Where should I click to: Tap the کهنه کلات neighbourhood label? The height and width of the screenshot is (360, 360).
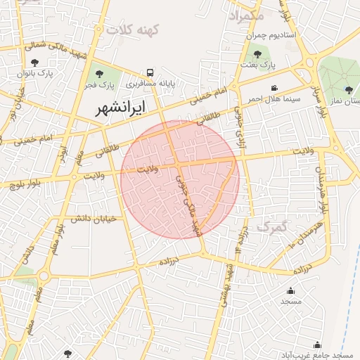click(133, 30)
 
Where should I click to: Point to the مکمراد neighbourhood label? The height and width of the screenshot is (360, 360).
click(247, 14)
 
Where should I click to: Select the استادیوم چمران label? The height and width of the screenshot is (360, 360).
click(290, 34)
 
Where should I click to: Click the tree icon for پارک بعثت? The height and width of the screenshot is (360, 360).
click(257, 53)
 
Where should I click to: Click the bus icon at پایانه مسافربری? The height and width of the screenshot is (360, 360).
click(150, 72)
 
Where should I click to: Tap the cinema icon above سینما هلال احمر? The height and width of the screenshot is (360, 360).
click(274, 88)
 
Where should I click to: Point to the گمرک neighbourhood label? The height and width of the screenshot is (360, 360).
click(273, 226)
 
